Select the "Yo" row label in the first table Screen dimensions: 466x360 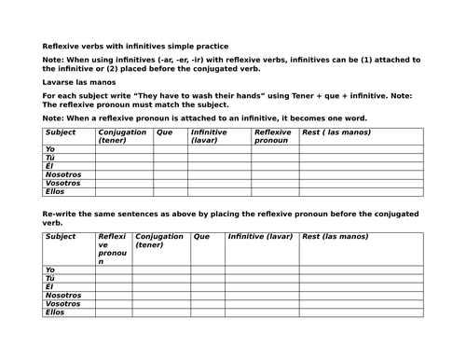[x=50, y=149]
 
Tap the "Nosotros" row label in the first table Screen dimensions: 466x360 [x=62, y=174]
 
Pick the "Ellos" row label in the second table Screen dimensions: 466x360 [x=57, y=312]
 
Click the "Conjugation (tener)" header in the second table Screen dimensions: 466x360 [x=159, y=242]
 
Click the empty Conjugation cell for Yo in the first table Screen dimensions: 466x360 [x=123, y=149]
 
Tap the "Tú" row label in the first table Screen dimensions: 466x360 [x=50, y=158]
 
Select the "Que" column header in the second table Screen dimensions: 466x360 [x=201, y=237]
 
